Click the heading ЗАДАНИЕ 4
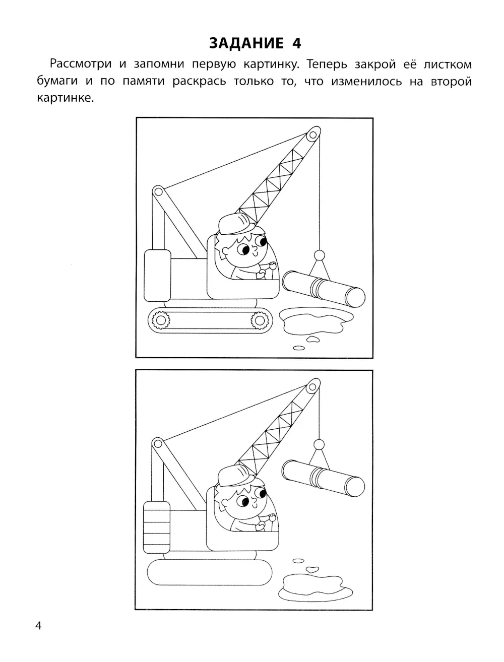[x=255, y=43]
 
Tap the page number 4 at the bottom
[x=38, y=626]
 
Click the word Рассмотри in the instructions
[x=81, y=64]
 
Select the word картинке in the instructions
[x=65, y=98]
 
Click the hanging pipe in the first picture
[x=324, y=289]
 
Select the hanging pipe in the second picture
[x=324, y=478]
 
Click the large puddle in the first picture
[x=316, y=320]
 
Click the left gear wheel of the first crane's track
[x=160, y=320]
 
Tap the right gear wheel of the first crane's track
[x=260, y=320]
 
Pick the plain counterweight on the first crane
[x=157, y=276]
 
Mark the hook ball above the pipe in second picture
[x=319, y=444]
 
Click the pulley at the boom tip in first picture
[x=313, y=134]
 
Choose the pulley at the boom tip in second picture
[x=313, y=386]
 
